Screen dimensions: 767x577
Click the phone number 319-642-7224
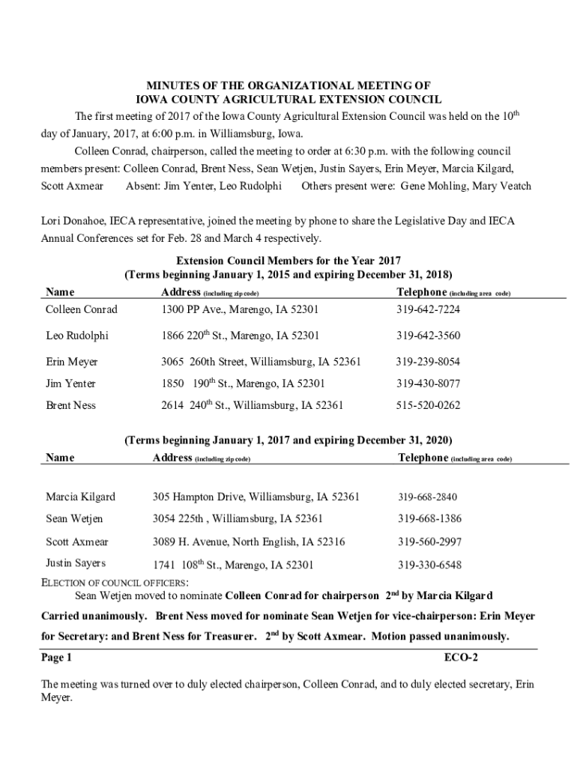coord(428,309)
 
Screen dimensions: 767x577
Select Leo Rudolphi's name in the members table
coord(76,336)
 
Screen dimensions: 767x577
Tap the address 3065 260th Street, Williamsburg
coord(261,362)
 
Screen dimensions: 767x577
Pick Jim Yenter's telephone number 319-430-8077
coord(428,383)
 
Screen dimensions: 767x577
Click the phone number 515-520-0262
coord(428,406)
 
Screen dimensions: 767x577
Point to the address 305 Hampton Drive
coord(256,497)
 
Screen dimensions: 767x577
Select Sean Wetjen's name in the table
coord(74,518)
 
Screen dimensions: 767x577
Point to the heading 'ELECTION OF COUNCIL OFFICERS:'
coord(114,583)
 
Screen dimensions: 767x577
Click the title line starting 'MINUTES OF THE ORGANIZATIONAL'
coord(288,86)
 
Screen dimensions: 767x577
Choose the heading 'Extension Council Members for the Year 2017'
coord(288,261)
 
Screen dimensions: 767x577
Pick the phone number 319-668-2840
coord(427,497)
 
